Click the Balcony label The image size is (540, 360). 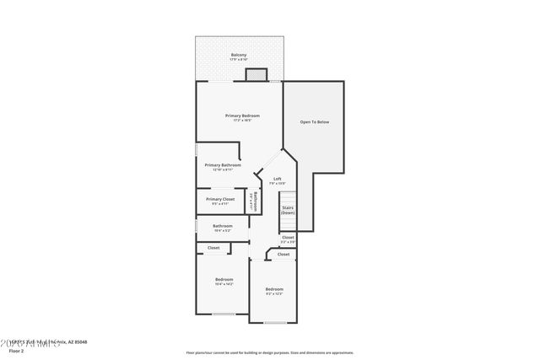click(x=240, y=55)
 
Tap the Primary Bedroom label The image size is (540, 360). click(x=242, y=116)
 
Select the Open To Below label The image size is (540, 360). click(x=315, y=122)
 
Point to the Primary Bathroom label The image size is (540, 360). click(x=223, y=165)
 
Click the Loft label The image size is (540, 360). click(x=277, y=179)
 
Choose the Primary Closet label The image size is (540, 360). click(x=220, y=199)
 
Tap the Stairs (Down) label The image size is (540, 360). click(x=289, y=210)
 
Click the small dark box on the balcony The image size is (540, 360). click(x=256, y=75)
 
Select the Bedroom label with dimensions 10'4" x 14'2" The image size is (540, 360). click(x=224, y=279)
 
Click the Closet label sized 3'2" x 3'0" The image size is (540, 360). click(x=289, y=239)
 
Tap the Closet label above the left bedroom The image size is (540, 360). click(x=213, y=248)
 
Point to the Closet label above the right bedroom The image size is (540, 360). click(x=283, y=254)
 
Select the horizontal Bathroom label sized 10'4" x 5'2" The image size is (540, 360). click(x=223, y=226)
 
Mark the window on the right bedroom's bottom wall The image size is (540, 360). click(x=275, y=322)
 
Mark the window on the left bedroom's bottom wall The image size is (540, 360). click(x=224, y=314)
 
